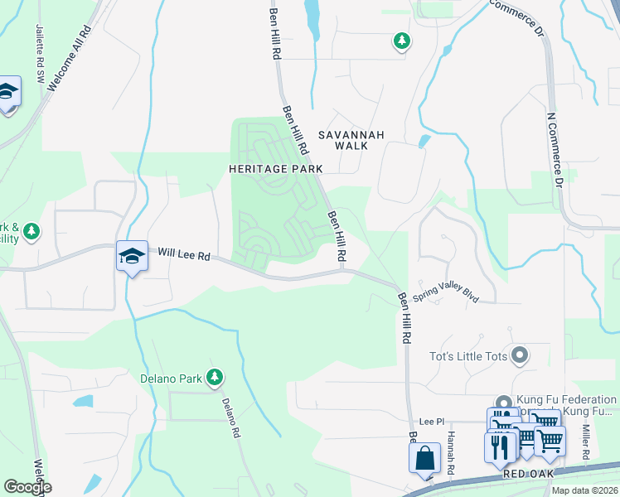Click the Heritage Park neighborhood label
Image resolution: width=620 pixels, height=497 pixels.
click(x=275, y=167)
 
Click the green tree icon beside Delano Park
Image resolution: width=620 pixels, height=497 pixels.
click(x=215, y=378)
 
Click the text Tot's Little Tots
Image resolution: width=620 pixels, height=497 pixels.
click(x=467, y=357)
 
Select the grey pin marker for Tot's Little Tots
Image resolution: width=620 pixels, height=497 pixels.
click(x=520, y=356)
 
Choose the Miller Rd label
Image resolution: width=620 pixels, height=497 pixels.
click(x=585, y=443)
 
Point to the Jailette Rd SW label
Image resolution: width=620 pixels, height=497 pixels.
click(x=40, y=51)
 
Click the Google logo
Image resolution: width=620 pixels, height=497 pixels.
click(x=27, y=487)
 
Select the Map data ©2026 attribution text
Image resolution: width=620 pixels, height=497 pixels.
click(x=584, y=490)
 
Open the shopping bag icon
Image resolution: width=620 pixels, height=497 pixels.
click(x=424, y=456)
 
